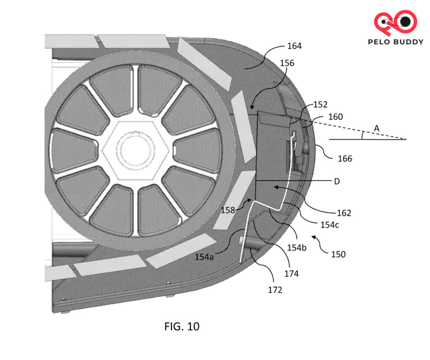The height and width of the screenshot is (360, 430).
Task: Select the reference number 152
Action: (x=320, y=105)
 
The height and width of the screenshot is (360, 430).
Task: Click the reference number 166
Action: (x=345, y=158)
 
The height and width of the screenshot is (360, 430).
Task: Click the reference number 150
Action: (x=338, y=254)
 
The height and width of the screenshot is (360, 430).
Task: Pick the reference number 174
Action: (x=291, y=273)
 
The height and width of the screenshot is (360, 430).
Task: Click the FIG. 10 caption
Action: (x=182, y=326)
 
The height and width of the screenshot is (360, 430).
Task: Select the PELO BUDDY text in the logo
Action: (x=395, y=42)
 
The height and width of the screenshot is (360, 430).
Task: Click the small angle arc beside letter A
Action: (x=363, y=134)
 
